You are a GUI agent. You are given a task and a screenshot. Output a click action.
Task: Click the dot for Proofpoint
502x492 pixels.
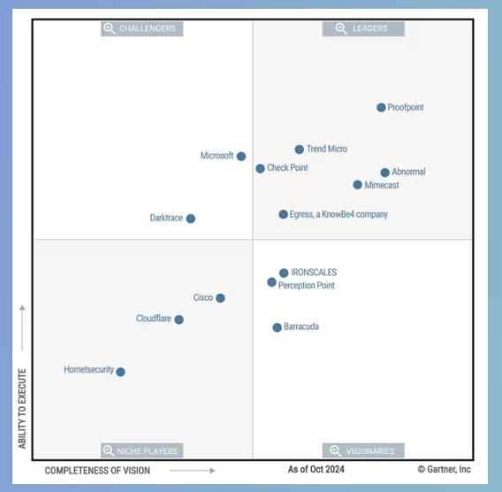[x=381, y=108]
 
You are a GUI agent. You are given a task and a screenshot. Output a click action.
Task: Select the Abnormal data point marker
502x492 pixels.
[x=384, y=172]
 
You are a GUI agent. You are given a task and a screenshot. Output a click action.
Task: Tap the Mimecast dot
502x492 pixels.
[x=357, y=185]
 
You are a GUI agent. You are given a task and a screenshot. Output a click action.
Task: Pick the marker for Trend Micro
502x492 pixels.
[x=299, y=149]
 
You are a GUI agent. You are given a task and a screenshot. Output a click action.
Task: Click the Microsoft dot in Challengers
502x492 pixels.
[x=241, y=156]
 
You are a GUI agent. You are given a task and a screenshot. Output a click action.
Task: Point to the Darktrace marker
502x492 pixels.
[x=190, y=218]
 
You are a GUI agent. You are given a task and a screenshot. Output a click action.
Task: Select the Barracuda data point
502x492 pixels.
[x=277, y=328]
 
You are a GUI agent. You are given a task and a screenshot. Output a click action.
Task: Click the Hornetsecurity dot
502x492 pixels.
[x=120, y=372]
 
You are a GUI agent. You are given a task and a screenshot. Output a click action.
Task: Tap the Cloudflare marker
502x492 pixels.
[x=179, y=320]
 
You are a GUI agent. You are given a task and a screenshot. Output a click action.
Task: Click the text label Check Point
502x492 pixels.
[x=287, y=168]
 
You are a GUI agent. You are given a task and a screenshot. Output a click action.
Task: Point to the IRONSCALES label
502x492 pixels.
[x=314, y=273]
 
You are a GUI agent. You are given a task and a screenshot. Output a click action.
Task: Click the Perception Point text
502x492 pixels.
[x=307, y=285]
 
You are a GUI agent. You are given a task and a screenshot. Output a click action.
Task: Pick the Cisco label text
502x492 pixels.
[x=203, y=298]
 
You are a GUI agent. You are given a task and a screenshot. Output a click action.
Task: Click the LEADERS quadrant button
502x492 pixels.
[x=363, y=28]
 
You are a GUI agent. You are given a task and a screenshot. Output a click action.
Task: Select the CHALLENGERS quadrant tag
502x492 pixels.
[x=142, y=28]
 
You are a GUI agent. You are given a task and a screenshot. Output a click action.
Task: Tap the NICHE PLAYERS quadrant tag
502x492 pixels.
[x=142, y=450]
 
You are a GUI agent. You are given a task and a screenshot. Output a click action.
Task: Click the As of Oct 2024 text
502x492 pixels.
[x=316, y=469]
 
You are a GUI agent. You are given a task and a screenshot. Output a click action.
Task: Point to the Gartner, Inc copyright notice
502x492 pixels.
[x=444, y=469]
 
